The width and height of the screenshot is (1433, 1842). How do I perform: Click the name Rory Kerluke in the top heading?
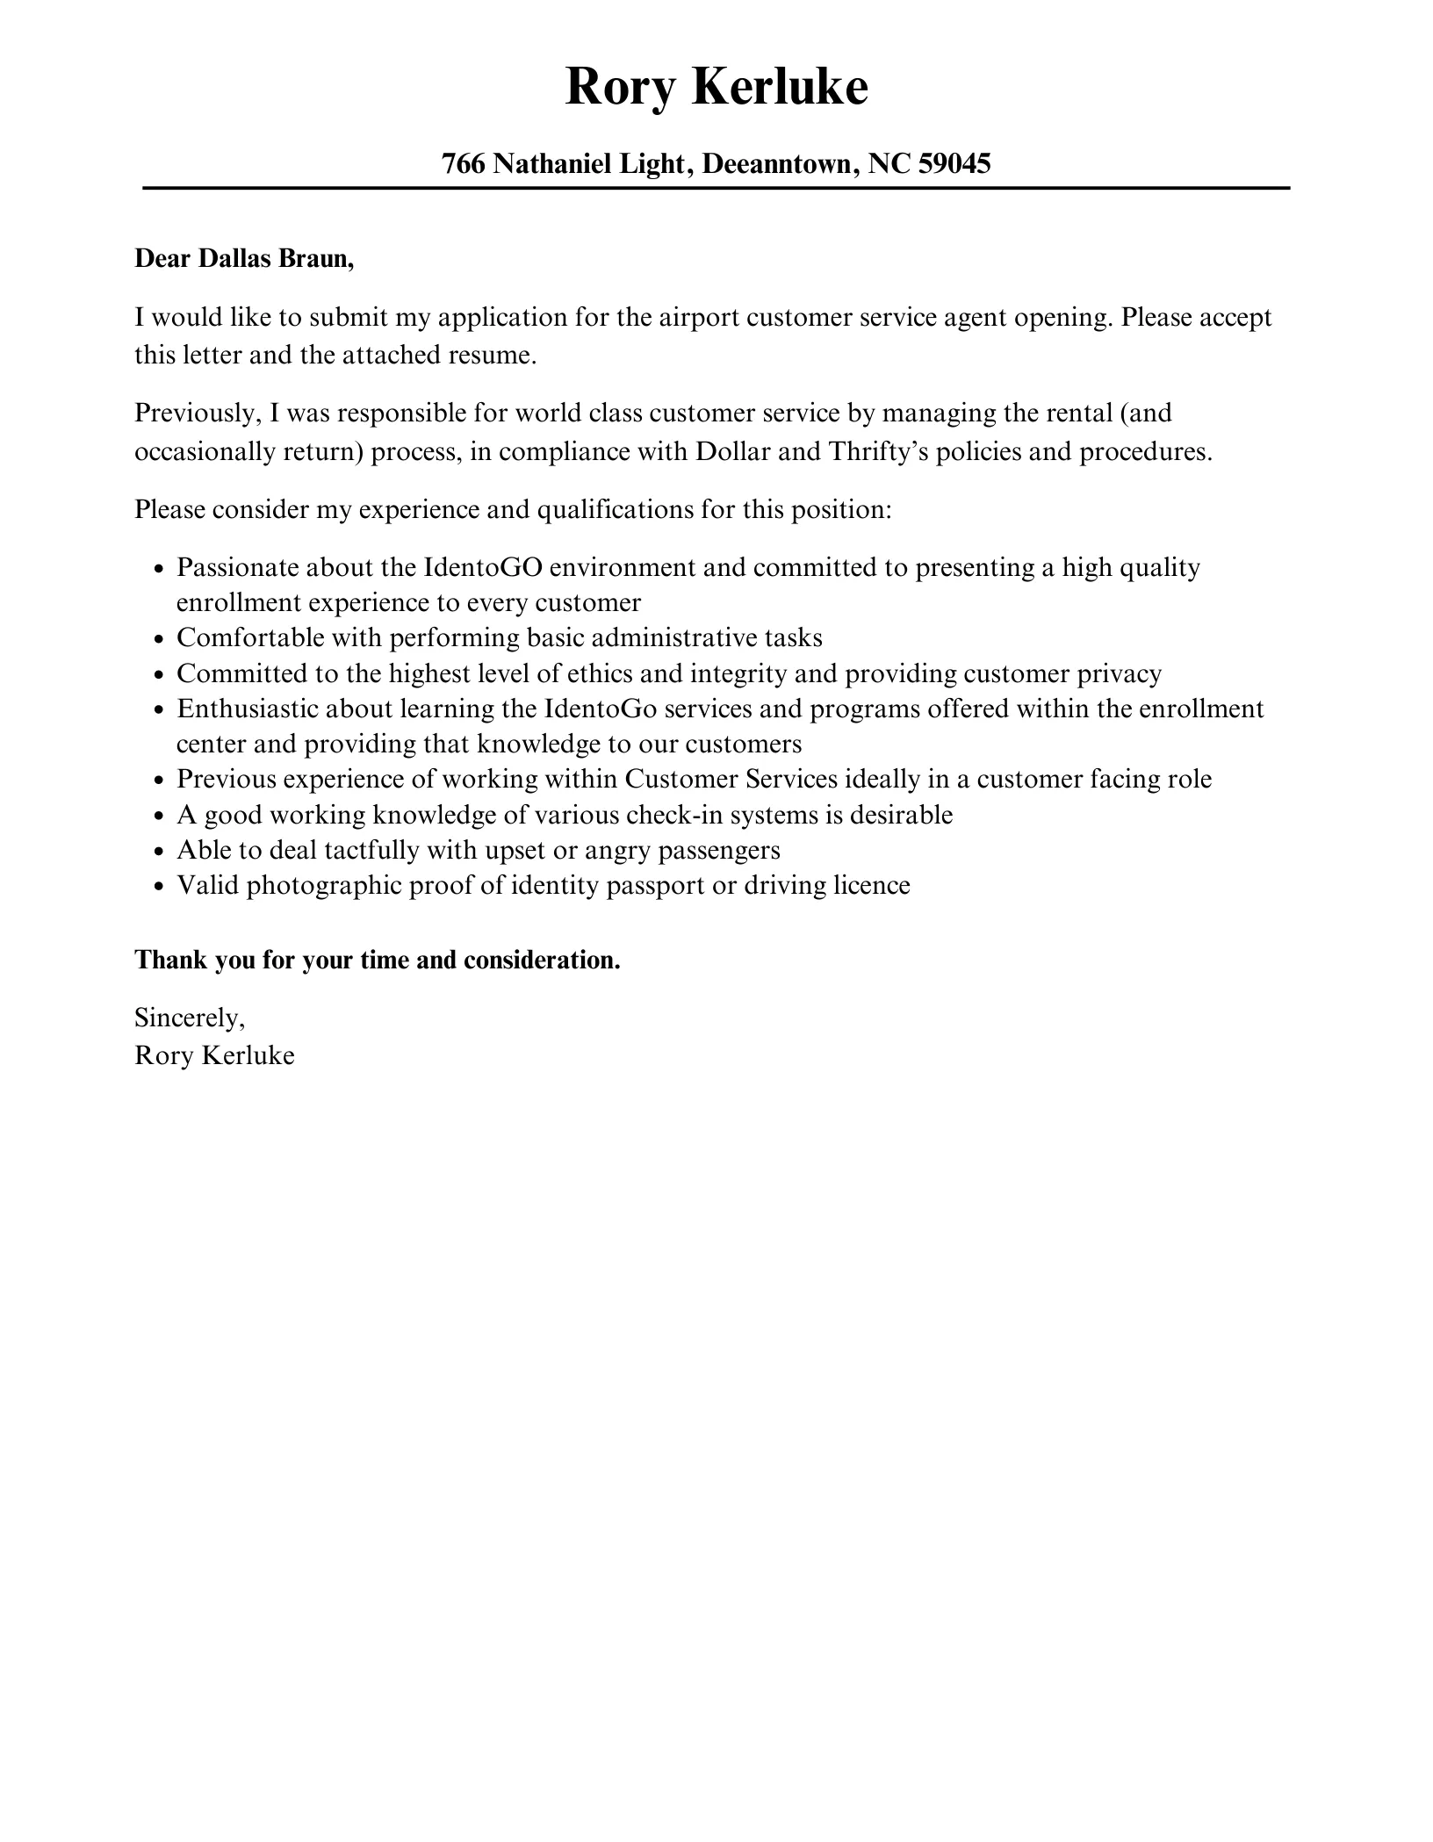coord(716,88)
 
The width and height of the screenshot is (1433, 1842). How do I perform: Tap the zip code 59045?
coord(954,163)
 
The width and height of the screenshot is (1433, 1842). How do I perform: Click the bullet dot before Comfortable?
coord(159,639)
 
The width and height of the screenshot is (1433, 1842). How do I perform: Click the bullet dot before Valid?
coord(159,887)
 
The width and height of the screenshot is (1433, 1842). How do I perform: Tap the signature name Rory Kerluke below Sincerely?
coord(214,1054)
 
